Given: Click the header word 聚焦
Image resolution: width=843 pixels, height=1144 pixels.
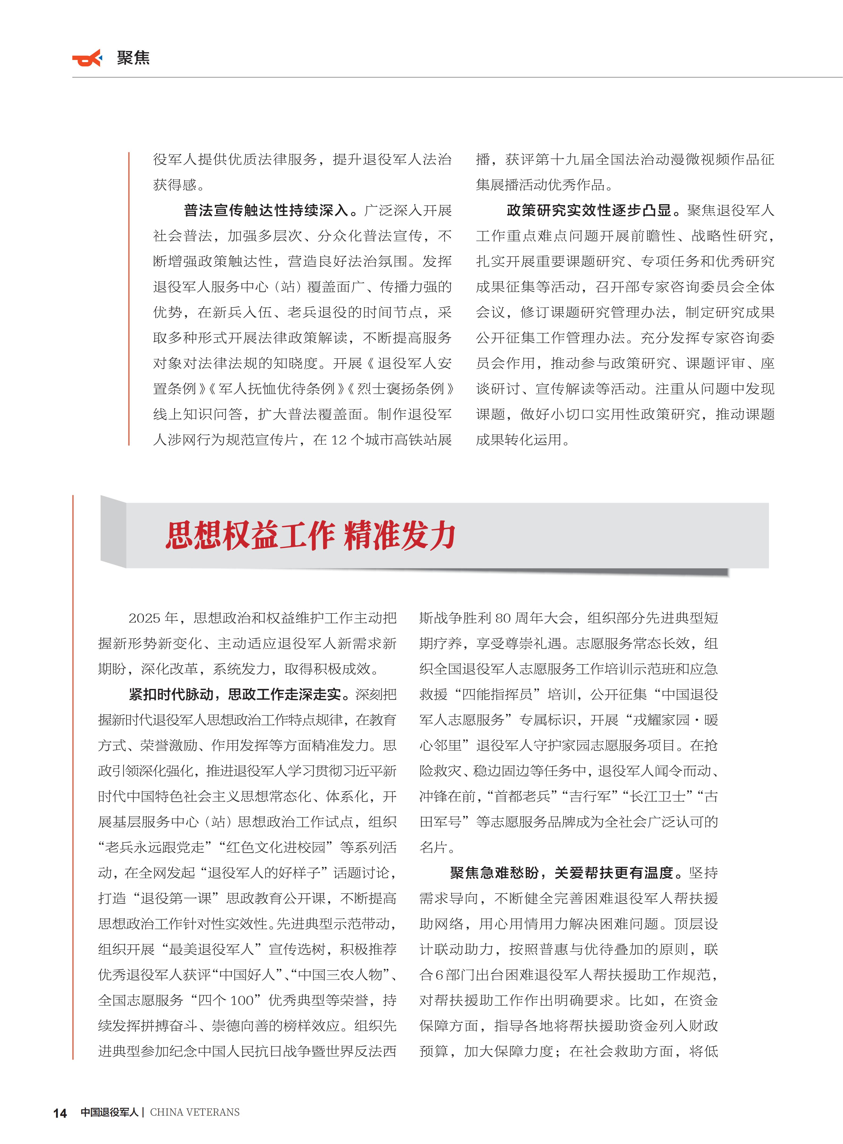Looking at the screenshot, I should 133,58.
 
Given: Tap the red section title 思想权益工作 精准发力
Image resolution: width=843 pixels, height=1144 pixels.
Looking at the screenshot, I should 310,536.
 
